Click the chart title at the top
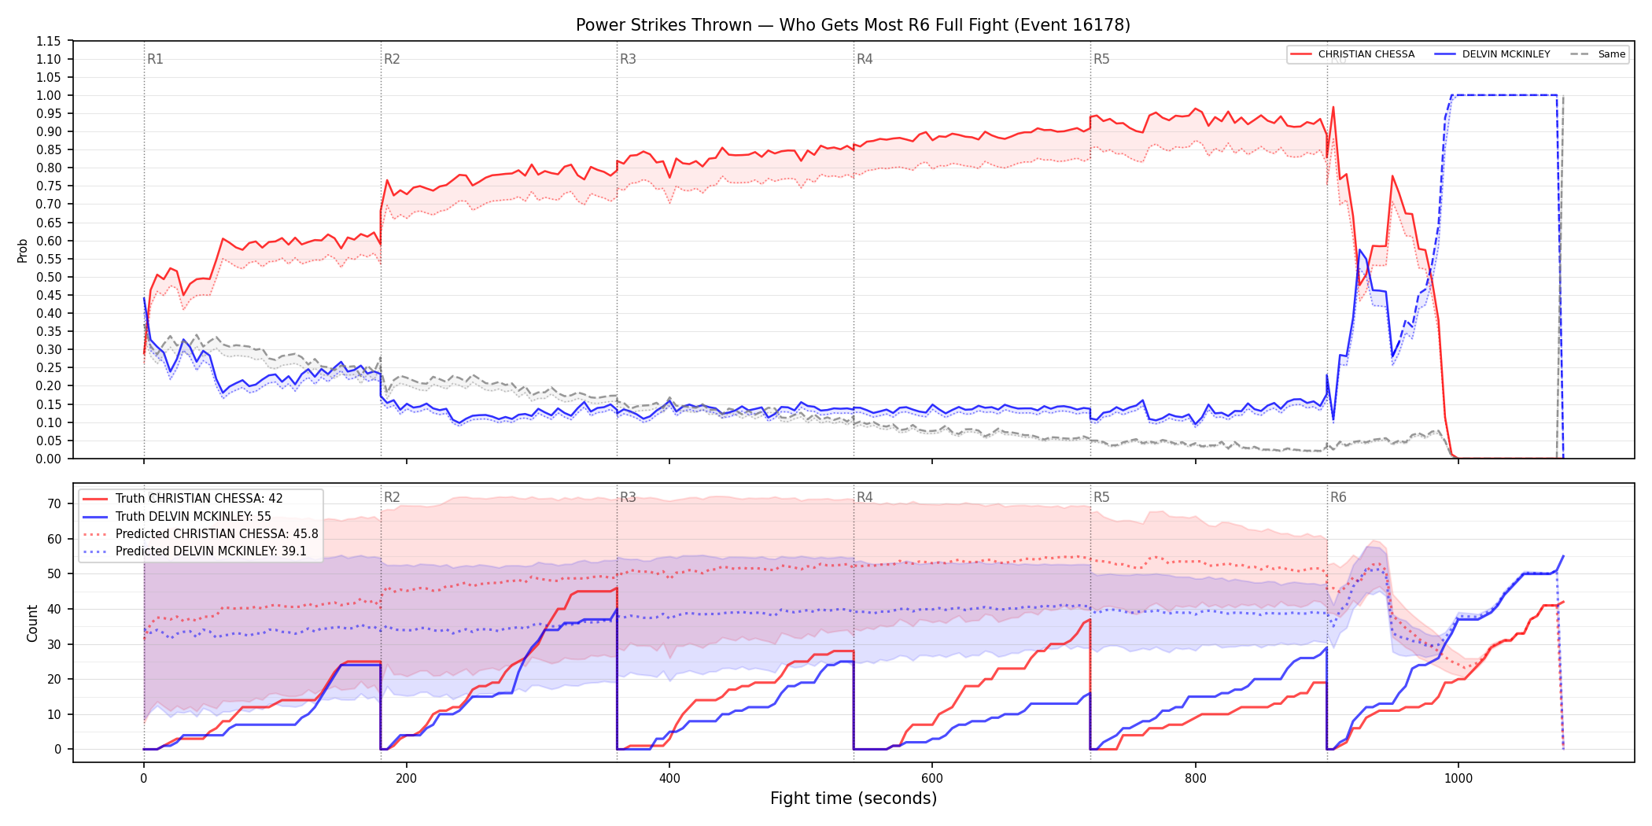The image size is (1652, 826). point(853,25)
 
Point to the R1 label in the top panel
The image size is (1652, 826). point(155,59)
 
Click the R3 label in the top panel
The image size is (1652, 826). point(628,59)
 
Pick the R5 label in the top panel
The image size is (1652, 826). point(1101,59)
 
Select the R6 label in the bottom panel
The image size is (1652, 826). point(1338,497)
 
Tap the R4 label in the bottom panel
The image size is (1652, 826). point(865,497)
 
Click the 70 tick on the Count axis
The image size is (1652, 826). point(54,503)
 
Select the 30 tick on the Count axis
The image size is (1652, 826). point(54,644)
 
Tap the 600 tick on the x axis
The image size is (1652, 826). point(932,778)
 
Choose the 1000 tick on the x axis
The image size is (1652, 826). point(1458,778)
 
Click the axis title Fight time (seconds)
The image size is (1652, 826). point(854,798)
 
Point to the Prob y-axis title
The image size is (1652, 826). point(23,250)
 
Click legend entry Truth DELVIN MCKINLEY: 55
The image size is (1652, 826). point(193,517)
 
